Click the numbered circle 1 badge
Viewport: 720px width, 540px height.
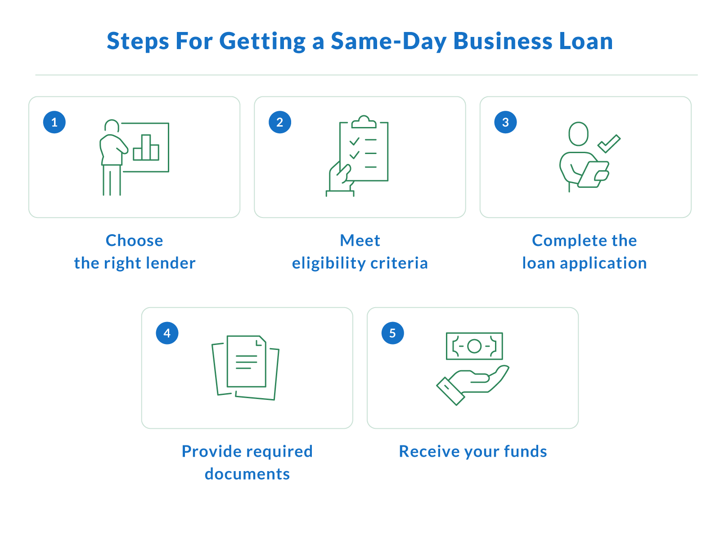54,122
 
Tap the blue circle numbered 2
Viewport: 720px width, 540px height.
280,122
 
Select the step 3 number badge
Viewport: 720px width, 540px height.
505,122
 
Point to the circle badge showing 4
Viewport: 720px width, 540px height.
167,333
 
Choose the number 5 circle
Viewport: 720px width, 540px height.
393,333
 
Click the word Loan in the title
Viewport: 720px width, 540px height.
586,41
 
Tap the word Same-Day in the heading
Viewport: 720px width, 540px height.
388,42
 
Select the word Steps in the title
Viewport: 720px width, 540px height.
138,42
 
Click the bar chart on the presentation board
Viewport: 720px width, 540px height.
146,147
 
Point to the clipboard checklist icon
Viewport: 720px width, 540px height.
358,155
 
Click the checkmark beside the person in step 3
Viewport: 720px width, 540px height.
609,144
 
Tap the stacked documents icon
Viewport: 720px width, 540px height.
245,368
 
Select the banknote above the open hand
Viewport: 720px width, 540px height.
474,346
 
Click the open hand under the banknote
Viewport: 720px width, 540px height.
472,386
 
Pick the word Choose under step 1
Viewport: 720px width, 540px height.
134,241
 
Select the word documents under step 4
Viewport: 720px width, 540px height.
247,474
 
